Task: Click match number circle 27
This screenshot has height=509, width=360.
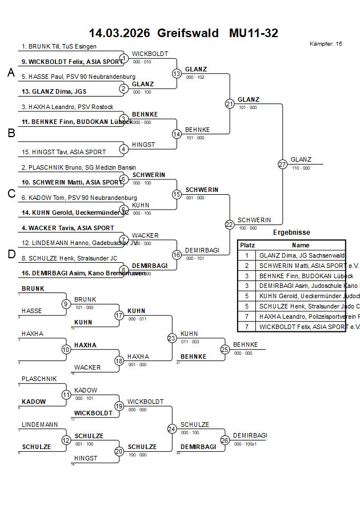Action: [x=282, y=164]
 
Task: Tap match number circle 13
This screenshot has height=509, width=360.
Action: [x=177, y=73]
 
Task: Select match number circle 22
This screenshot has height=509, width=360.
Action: [x=230, y=225]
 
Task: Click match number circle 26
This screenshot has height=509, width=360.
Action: [x=225, y=440]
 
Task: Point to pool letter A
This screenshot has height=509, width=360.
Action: [x=11, y=73]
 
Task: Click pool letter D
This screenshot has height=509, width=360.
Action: [x=11, y=254]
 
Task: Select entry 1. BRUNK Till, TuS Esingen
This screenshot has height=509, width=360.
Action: [x=59, y=46]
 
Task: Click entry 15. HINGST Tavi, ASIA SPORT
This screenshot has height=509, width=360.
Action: [x=63, y=152]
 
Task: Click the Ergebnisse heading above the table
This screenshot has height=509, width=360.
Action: [x=291, y=233]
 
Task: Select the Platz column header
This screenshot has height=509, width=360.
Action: [x=247, y=245]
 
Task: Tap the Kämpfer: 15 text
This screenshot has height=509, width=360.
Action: [x=326, y=43]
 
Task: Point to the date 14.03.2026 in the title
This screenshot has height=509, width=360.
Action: [x=119, y=33]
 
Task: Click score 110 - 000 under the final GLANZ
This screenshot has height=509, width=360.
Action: [x=300, y=168]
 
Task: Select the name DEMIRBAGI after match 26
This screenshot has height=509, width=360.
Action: [x=250, y=435]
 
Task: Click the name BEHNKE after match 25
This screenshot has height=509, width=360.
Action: [x=245, y=344]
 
